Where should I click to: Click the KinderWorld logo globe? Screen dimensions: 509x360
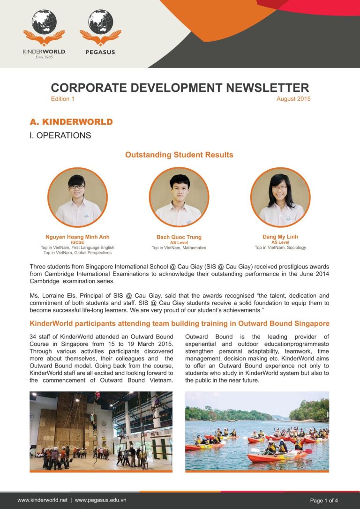44,22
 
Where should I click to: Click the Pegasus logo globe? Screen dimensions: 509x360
100,22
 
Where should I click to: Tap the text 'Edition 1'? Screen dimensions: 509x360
62,99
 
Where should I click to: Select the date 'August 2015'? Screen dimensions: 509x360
293,99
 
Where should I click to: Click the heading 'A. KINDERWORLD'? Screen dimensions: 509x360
71,122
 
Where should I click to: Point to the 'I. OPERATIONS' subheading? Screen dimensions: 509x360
60,135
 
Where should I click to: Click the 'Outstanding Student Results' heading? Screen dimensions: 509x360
179,155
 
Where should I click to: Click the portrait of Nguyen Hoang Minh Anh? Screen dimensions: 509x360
77,197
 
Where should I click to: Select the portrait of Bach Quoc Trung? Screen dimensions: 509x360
179,197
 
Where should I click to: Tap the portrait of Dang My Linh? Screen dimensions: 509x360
280,197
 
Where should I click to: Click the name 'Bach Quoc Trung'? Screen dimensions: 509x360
179,237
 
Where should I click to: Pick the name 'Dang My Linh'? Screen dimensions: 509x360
280,237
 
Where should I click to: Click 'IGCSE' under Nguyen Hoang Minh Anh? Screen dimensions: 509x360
77,242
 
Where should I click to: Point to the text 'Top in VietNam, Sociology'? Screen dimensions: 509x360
280,247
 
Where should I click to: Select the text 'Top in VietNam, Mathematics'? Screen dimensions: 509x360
179,248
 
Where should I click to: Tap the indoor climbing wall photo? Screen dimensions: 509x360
101,431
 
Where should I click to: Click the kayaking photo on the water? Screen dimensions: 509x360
257,431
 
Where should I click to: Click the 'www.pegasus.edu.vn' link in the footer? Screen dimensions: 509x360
100,500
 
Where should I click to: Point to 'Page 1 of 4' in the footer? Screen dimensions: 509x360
324,501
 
